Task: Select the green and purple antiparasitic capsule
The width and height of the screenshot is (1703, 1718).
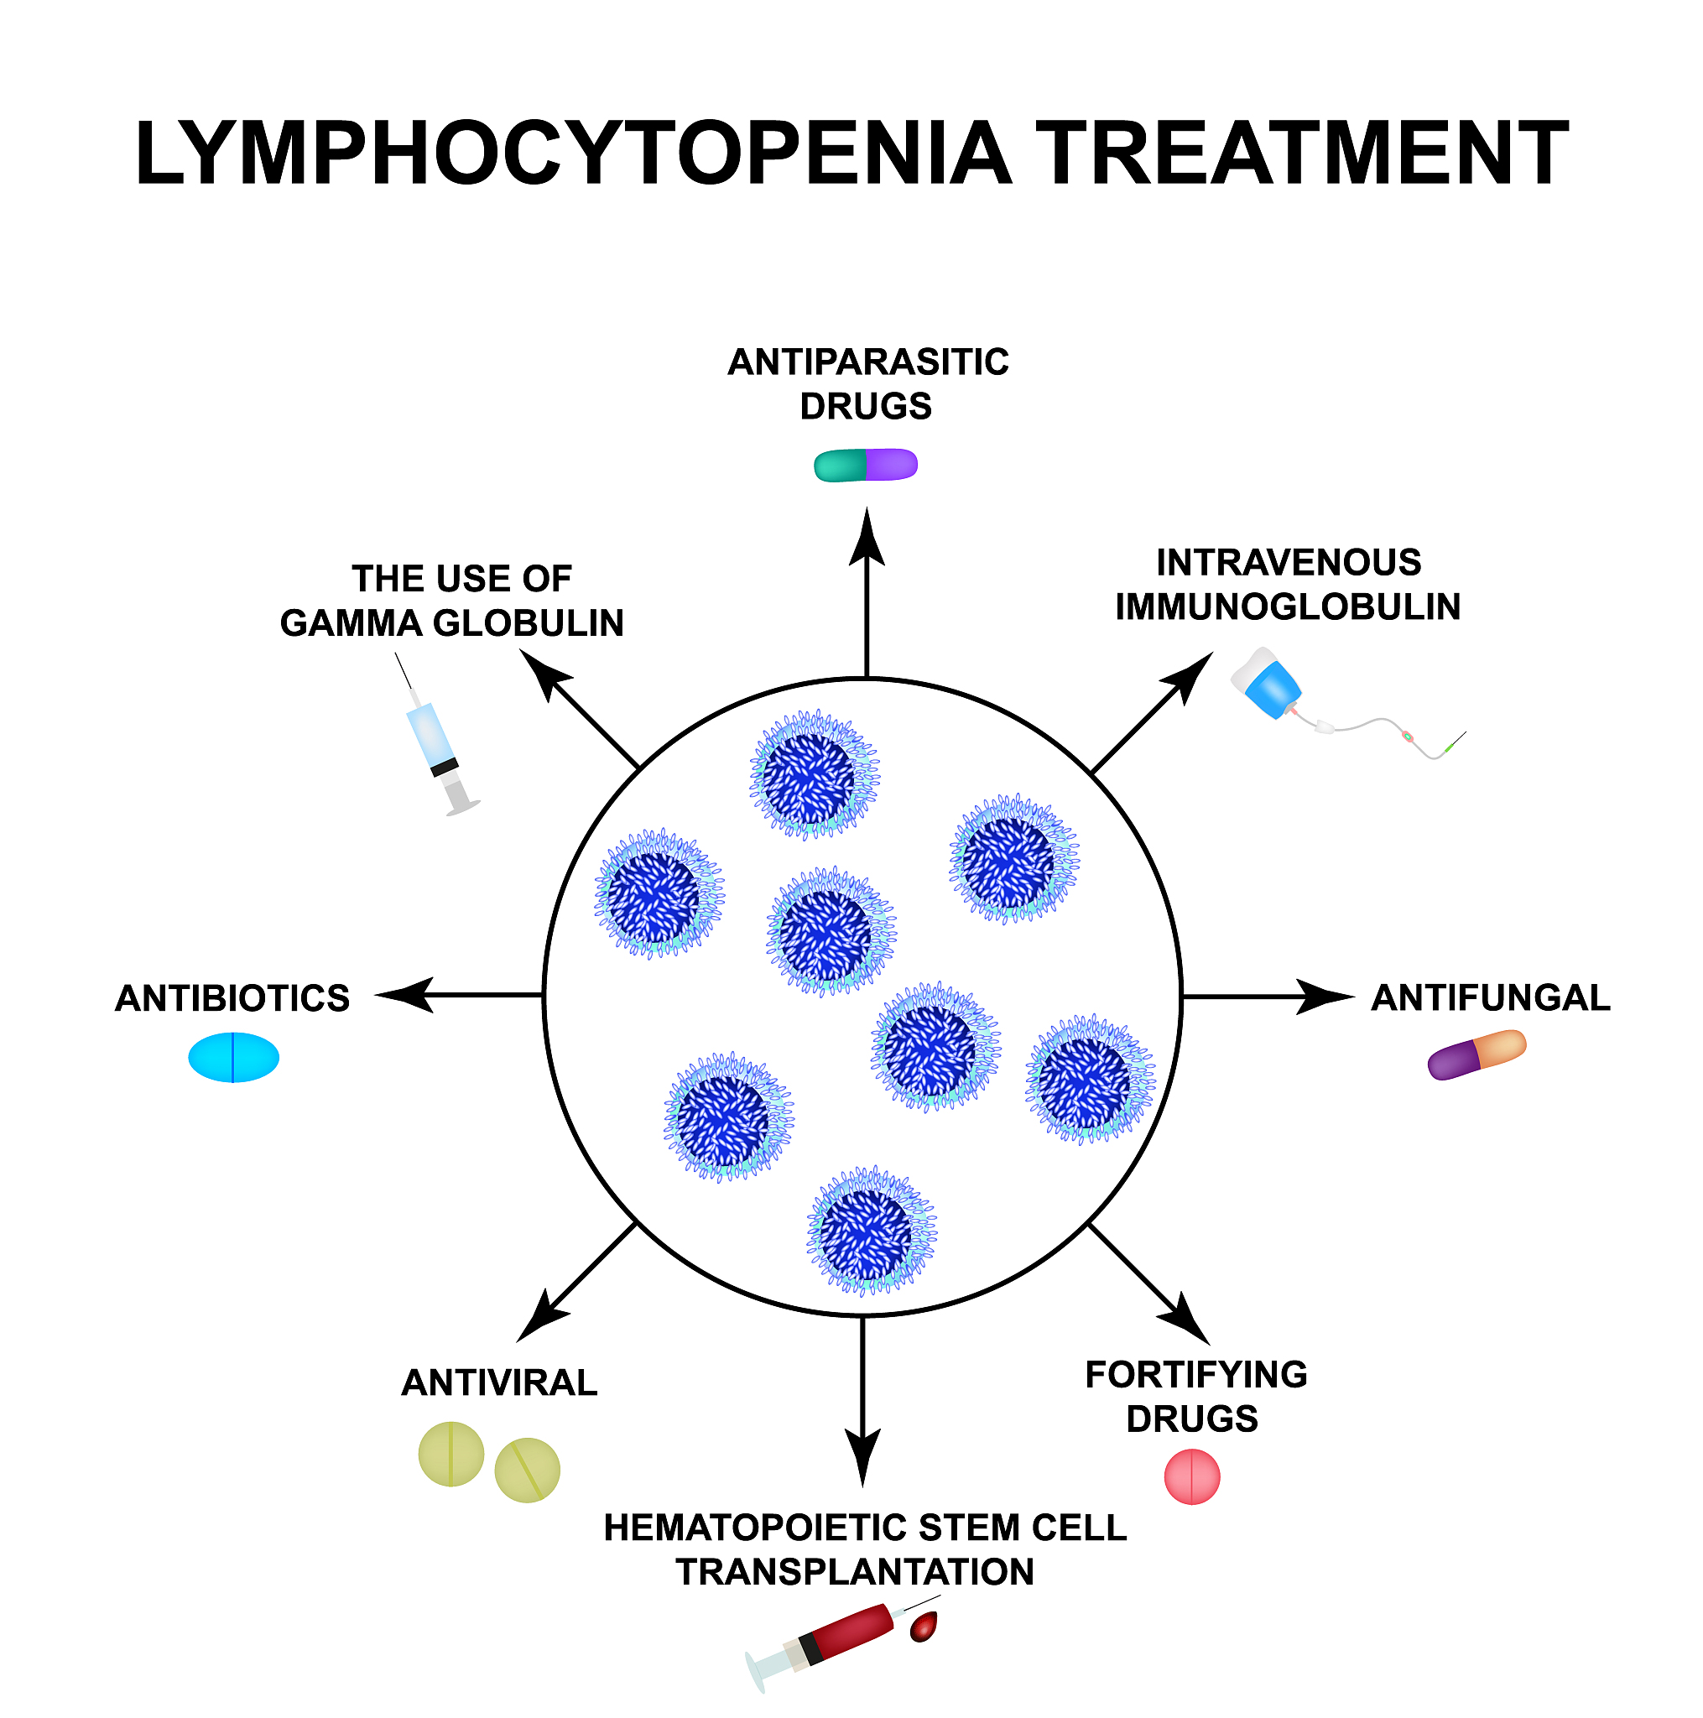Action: point(864,465)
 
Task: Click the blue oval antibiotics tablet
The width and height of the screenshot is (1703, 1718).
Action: point(233,1057)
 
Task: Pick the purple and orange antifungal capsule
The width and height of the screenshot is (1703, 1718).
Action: point(1476,1054)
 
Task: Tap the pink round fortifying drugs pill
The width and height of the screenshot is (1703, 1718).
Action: point(1190,1477)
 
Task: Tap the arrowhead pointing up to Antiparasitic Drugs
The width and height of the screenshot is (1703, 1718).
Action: point(866,538)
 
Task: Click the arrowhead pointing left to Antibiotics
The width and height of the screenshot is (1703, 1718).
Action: point(404,995)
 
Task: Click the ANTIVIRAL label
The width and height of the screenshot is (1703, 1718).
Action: point(499,1382)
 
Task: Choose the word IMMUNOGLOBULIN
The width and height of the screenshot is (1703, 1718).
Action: point(1287,607)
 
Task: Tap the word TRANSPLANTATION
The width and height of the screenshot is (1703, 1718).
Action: point(854,1572)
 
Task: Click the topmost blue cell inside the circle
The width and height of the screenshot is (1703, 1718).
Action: point(813,774)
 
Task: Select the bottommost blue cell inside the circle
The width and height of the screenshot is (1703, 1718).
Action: point(870,1231)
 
